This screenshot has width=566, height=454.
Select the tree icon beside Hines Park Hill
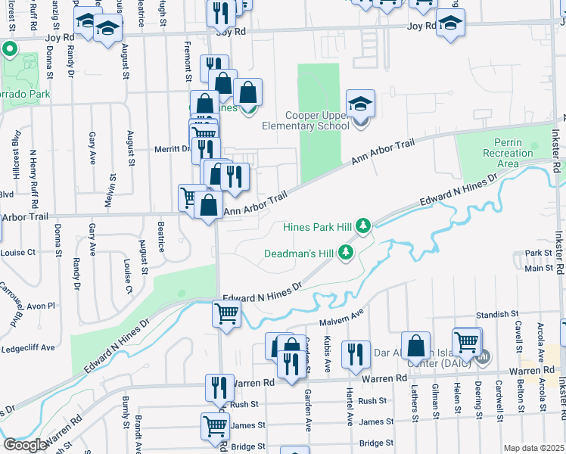point(364,225)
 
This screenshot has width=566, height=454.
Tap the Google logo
point(25,445)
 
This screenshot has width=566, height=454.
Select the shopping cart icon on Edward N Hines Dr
point(227,313)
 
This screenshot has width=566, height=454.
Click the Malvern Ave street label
point(342,322)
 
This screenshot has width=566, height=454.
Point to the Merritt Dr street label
point(171,149)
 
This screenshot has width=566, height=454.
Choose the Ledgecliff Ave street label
point(29,347)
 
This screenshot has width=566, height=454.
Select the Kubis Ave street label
point(328,362)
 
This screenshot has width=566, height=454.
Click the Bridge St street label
point(378,443)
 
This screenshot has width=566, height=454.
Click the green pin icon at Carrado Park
point(10,51)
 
